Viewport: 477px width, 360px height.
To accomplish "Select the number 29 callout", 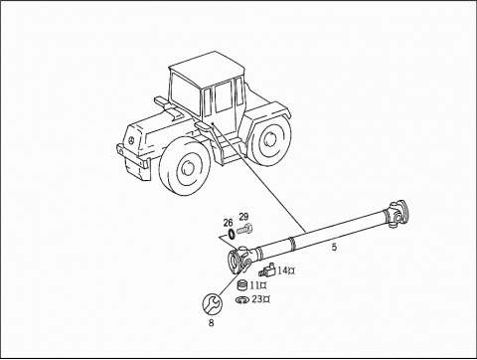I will tap(243, 218).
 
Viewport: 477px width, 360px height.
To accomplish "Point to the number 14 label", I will tap(284, 270).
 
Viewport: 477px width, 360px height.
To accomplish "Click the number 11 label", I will tap(257, 286).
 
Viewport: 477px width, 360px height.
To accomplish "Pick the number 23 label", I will tap(259, 298).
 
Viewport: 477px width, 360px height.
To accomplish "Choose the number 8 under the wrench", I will tap(211, 323).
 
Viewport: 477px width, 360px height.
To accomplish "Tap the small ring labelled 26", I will tap(231, 235).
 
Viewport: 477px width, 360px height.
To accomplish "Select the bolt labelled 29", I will tap(245, 231).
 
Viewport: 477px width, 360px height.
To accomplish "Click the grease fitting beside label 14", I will tap(265, 270).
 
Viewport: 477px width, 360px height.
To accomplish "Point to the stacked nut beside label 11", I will tap(241, 286).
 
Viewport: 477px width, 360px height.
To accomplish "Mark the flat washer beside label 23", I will tap(242, 298).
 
